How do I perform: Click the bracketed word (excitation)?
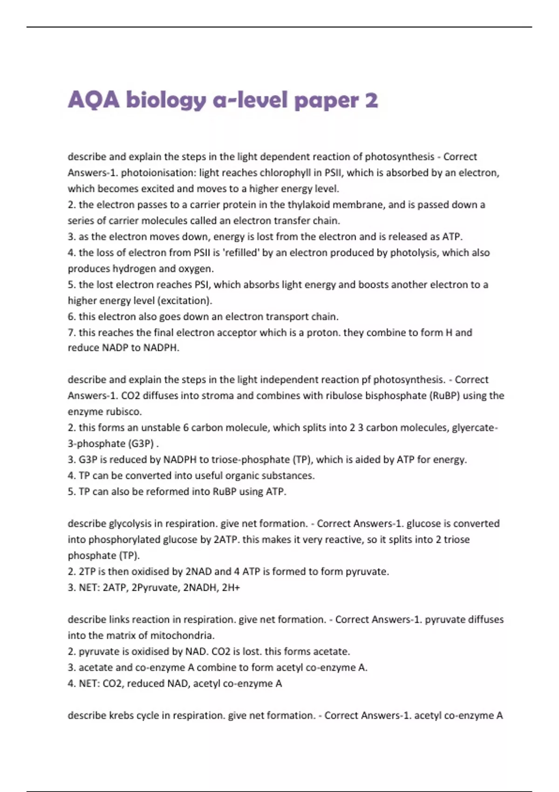point(185,301)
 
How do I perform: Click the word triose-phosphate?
point(251,460)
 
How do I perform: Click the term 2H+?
point(231,588)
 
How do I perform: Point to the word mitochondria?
point(184,635)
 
